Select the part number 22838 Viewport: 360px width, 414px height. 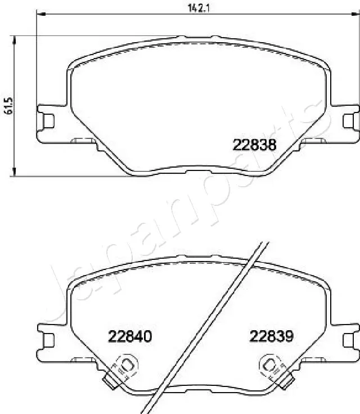click(254, 145)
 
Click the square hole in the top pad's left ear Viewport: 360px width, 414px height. click(48, 120)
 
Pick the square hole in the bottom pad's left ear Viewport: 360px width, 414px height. click(48, 340)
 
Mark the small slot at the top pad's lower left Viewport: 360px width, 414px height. click(84, 141)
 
